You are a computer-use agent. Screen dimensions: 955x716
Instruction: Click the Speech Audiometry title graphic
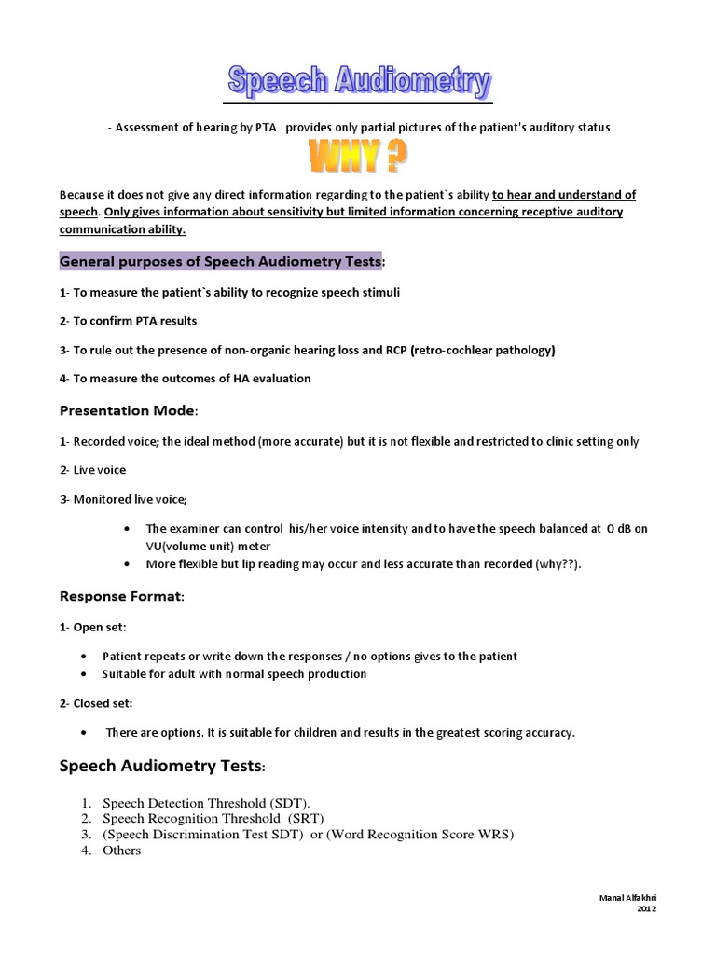[359, 82]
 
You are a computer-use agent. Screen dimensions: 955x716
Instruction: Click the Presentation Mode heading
[129, 410]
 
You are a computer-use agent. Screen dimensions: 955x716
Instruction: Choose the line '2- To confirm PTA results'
[129, 321]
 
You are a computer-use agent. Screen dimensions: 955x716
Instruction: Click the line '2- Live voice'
[92, 470]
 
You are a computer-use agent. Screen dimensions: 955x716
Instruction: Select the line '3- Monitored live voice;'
[123, 499]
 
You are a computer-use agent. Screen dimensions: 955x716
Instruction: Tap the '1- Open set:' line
[94, 627]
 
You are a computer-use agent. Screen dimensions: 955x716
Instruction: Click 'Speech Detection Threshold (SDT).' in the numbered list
[206, 802]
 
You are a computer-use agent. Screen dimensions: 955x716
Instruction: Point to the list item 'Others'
[122, 850]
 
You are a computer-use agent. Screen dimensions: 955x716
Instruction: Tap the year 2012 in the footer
[646, 908]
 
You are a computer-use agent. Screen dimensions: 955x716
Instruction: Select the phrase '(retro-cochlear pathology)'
[483, 350]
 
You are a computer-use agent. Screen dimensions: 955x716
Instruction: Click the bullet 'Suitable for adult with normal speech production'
[235, 673]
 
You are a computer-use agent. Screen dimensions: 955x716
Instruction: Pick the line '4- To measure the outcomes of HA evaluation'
[186, 379]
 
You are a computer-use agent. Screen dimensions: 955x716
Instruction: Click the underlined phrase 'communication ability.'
[123, 228]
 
